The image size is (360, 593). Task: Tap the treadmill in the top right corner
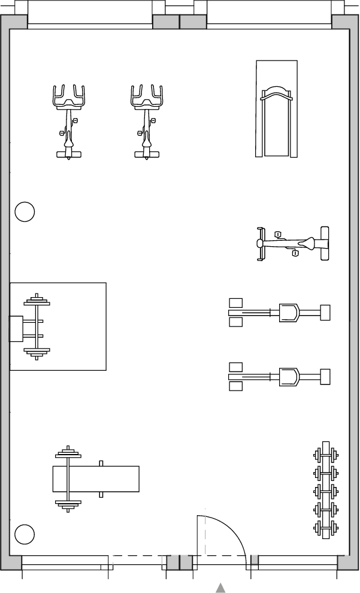(276, 109)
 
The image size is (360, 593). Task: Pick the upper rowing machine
(279, 312)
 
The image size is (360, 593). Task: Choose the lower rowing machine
(279, 377)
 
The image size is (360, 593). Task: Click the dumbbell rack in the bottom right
(325, 491)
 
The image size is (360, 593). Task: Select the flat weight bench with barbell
(96, 479)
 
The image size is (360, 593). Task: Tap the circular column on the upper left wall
(25, 211)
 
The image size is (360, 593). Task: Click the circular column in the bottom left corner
(25, 534)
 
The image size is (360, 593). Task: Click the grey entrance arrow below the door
(221, 588)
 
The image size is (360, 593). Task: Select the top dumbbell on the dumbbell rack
(325, 455)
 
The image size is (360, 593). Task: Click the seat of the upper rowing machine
(289, 312)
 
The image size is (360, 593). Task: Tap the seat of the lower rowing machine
(289, 377)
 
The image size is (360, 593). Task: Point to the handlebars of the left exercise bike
(69, 96)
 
